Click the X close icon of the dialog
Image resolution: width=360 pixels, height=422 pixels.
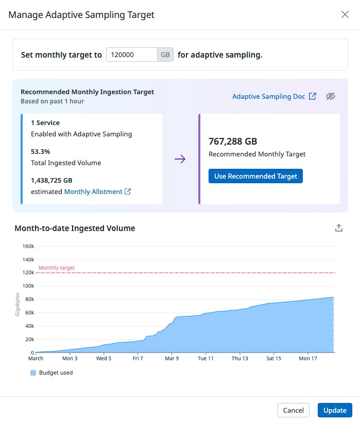pyautogui.click(x=345, y=14)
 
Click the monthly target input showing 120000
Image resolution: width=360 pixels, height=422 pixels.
pyautogui.click(x=132, y=55)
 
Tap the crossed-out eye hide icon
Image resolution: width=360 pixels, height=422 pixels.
pyautogui.click(x=331, y=96)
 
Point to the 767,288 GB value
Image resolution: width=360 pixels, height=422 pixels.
pyautogui.click(x=233, y=142)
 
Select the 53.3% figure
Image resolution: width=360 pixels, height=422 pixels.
pyautogui.click(x=41, y=152)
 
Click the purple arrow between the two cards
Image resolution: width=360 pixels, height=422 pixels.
pyautogui.click(x=180, y=159)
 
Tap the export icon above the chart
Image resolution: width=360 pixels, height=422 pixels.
pyautogui.click(x=339, y=228)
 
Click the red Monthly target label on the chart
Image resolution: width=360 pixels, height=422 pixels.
pyautogui.click(x=57, y=268)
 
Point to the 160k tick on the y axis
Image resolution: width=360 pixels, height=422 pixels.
pyautogui.click(x=28, y=246)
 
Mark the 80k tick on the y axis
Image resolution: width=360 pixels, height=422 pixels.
pyautogui.click(x=29, y=300)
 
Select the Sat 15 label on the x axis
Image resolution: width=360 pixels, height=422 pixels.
pyautogui.click(x=273, y=358)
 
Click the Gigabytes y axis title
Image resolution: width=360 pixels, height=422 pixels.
pyautogui.click(x=18, y=304)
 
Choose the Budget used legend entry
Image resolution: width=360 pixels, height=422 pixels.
pyautogui.click(x=52, y=373)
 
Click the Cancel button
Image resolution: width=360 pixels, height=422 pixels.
pyautogui.click(x=294, y=410)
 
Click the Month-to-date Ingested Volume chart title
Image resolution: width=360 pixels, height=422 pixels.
pyautogui.click(x=75, y=228)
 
